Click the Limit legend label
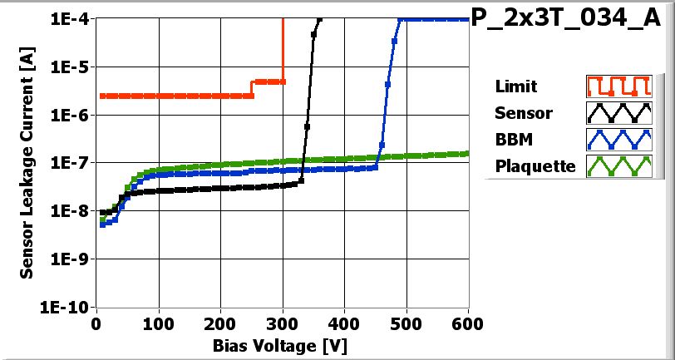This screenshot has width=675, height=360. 515,86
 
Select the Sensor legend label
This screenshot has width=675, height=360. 523,113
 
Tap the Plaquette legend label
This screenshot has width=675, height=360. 535,166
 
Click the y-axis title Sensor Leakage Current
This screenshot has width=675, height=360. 27,163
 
